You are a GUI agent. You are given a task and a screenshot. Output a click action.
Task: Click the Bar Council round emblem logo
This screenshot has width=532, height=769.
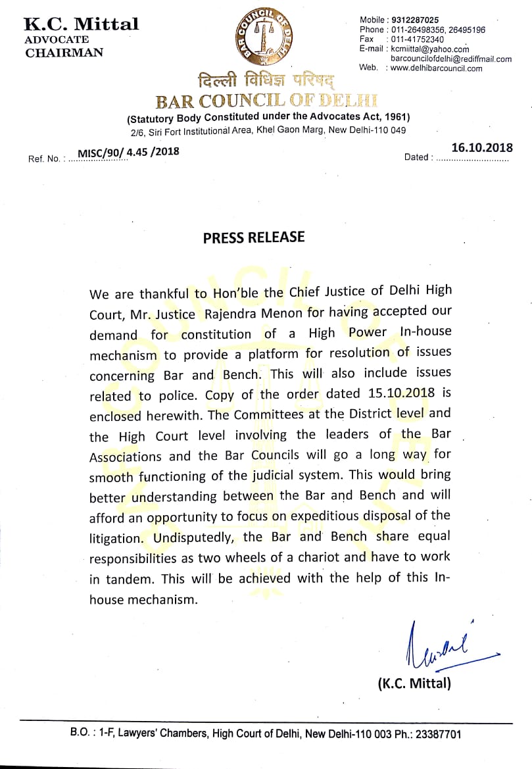pyautogui.click(x=266, y=42)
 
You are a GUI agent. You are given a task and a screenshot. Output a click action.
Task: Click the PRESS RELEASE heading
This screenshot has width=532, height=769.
pyautogui.click(x=253, y=237)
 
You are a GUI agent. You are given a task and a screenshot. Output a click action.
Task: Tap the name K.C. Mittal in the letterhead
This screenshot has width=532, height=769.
pyautogui.click(x=81, y=24)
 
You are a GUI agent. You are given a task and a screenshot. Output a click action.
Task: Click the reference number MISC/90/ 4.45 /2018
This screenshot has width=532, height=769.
pyautogui.click(x=128, y=153)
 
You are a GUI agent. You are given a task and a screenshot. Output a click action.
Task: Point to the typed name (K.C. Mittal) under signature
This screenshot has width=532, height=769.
pyautogui.click(x=414, y=683)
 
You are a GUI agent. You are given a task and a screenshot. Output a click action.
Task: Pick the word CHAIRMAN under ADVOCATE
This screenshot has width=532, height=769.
pyautogui.click(x=64, y=53)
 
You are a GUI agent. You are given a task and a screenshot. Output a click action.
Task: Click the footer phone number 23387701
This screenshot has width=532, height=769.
pyautogui.click(x=439, y=733)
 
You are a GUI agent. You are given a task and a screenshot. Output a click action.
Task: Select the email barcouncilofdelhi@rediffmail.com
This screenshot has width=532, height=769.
pyautogui.click(x=451, y=59)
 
